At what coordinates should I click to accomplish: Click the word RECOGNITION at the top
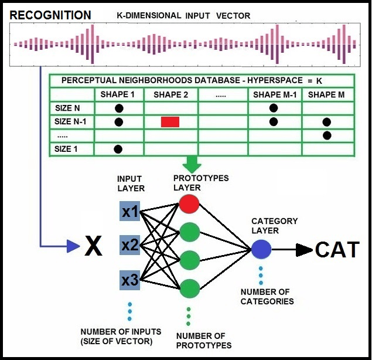point(50,15)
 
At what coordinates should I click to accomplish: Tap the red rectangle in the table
point(170,122)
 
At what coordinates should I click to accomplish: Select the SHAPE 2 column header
point(170,95)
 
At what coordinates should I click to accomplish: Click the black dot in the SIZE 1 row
point(118,149)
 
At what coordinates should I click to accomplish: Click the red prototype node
point(189,203)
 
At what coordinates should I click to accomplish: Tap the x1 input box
point(130,210)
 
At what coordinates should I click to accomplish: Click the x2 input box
point(130,246)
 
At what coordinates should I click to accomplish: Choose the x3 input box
point(130,281)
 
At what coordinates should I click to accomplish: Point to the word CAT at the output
point(337,250)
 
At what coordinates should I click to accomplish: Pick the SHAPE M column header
point(322,95)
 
